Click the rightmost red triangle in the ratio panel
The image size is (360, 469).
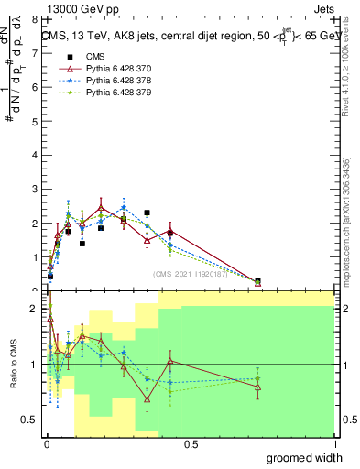[x=257, y=387]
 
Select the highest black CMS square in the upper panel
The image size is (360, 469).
[x=147, y=213]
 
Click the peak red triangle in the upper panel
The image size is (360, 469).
[x=101, y=208]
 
